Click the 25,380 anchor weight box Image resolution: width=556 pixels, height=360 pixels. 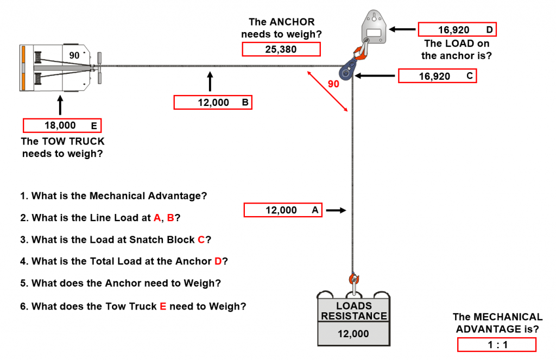coord(281,49)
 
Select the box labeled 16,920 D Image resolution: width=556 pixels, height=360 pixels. coord(457,29)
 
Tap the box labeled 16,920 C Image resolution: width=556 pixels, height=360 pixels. coord(437,76)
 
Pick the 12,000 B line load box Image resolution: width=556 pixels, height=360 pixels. coord(213,103)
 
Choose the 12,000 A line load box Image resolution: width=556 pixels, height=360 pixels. coord(283,210)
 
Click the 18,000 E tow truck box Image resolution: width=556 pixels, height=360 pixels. coord(62,125)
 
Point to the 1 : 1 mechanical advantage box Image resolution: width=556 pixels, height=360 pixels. coord(496,344)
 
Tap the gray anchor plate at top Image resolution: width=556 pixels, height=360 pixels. coord(374,27)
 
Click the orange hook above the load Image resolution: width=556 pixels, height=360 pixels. coord(353,279)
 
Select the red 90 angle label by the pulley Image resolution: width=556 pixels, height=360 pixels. coord(333,84)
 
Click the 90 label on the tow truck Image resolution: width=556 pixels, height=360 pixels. coord(74,55)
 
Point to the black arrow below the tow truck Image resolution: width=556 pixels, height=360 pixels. coord(60,105)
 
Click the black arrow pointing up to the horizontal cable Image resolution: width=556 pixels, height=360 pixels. coord(210,81)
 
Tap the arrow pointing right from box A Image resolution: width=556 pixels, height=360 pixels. coord(336,210)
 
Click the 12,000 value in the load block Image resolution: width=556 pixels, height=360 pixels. coord(353,334)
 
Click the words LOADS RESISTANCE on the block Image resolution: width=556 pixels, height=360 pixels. coord(354,311)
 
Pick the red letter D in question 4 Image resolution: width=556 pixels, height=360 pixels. coord(218,261)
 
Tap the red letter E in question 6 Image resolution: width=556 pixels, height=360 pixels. coord(163,306)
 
